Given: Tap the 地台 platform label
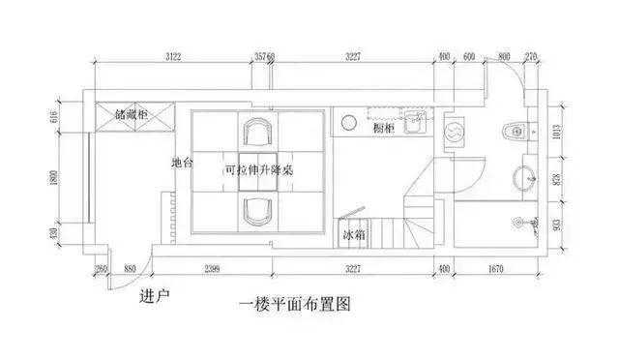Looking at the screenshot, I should point(181,163).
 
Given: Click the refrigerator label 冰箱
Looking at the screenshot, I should point(354,234).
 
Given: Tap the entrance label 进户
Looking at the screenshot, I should point(155,295).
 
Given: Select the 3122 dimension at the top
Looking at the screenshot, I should point(174,57).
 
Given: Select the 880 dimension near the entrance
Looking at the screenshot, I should point(129,268).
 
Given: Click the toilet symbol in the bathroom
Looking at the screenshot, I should point(514,129).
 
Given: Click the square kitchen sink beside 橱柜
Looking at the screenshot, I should point(414,123).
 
